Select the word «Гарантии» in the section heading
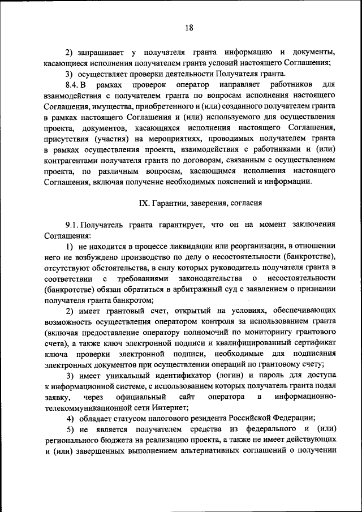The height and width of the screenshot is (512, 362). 170,203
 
